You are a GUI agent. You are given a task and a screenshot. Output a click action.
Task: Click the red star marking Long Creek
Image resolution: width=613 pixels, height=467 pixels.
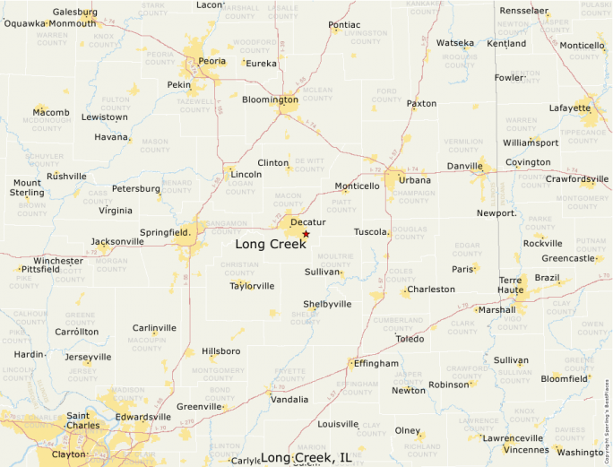pos(306,234)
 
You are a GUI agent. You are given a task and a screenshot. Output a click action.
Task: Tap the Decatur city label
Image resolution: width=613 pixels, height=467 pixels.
pos(307,221)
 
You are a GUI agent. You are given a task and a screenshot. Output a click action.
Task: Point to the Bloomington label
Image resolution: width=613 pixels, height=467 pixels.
pos(270,99)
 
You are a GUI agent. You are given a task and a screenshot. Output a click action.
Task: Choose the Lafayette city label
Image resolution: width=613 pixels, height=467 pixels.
pos(569,108)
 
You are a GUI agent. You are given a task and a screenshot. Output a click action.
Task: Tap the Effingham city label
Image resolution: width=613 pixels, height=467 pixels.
pos(376,363)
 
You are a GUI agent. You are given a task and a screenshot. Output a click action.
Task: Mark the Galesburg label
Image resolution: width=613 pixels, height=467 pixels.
pos(75,13)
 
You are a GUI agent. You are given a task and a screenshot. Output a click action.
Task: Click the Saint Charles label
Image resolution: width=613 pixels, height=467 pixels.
pos(90,420)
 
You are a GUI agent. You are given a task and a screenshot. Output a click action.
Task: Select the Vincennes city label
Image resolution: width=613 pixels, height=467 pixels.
pos(527,449)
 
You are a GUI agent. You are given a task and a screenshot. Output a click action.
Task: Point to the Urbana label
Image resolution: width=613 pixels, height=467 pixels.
pos(415,180)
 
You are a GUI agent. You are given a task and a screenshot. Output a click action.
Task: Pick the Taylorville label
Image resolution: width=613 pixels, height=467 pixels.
pos(252,287)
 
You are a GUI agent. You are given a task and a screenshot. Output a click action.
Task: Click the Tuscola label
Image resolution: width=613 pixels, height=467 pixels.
pos(371,232)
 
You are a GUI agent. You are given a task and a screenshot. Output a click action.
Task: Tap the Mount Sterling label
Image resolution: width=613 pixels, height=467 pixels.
pos(27,187)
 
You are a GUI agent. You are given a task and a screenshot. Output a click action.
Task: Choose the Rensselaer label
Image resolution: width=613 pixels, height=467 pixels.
pos(523,11)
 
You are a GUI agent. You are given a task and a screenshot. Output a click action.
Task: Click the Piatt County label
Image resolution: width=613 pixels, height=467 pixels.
pos(342,206)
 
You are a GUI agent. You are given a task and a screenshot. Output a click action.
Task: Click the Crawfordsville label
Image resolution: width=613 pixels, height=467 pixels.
pos(577,179)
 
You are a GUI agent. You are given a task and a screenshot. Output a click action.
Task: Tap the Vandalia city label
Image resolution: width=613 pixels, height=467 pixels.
pos(289,399)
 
